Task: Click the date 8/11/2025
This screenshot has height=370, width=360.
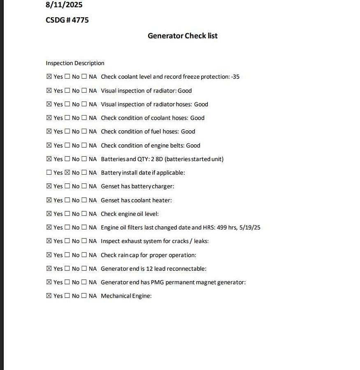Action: coord(64,5)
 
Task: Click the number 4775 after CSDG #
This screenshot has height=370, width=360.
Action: coord(80,20)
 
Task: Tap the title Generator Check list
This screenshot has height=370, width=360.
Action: coord(183,36)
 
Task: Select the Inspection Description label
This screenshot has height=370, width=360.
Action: coord(75,63)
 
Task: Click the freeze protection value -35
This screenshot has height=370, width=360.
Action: coord(235,76)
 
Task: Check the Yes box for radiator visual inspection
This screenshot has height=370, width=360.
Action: coord(49,90)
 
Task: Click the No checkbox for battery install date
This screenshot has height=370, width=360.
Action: coord(67,173)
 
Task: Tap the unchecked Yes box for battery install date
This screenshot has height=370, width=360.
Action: coord(49,173)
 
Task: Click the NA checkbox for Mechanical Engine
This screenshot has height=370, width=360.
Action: coord(84,296)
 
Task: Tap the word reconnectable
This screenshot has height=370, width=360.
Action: coord(187,268)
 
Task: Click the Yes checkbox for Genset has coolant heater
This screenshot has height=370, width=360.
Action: coord(49,200)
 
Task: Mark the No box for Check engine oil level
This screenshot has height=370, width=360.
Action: coord(67,214)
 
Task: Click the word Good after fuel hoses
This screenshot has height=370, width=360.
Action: coord(188,132)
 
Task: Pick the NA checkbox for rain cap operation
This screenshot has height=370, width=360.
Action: coord(84,255)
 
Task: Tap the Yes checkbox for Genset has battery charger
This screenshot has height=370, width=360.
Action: coord(49,186)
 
